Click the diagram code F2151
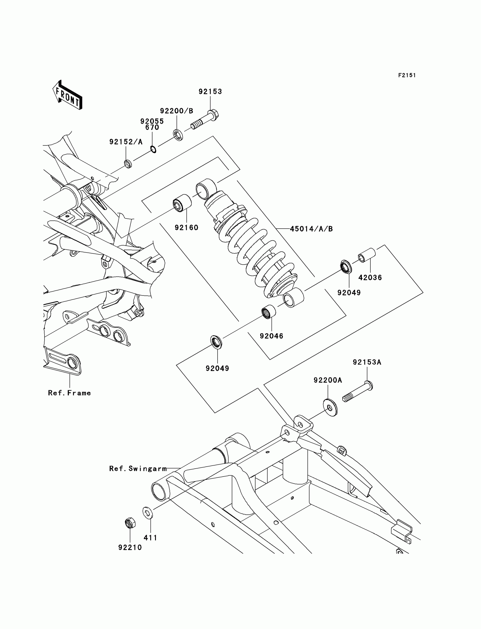point(407,75)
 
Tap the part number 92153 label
point(210,92)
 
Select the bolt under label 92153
point(204,121)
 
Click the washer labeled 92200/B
point(178,135)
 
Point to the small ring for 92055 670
point(153,149)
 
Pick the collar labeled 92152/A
point(128,164)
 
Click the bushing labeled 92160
point(182,203)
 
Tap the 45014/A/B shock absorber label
point(311,229)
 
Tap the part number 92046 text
point(271,336)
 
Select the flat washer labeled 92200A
point(330,407)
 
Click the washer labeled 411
point(147,512)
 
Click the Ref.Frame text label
point(69,393)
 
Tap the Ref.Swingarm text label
point(138,469)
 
